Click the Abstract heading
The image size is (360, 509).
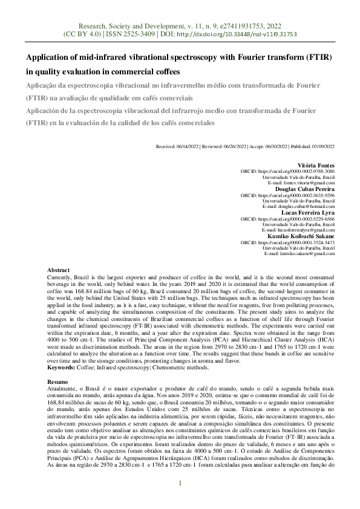[58, 270]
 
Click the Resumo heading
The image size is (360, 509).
[57, 382]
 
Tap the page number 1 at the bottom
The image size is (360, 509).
[180, 482]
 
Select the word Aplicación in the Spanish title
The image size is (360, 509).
[46, 110]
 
